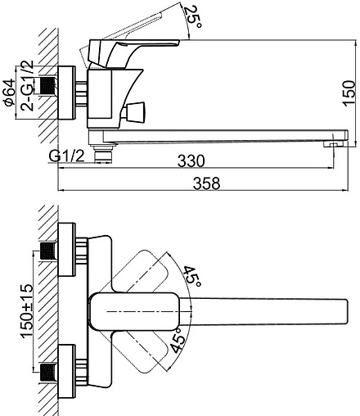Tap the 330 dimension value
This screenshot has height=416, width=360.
click(191, 161)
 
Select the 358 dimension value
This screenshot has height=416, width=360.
click(206, 183)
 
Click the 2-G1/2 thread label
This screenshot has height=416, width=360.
click(28, 85)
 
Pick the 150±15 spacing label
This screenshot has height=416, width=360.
click(27, 311)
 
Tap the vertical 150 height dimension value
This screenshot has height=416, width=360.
click(349, 93)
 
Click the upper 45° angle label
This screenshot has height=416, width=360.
click(192, 276)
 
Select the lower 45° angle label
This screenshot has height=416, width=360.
click(178, 341)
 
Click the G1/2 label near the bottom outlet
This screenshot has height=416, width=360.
click(66, 156)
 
